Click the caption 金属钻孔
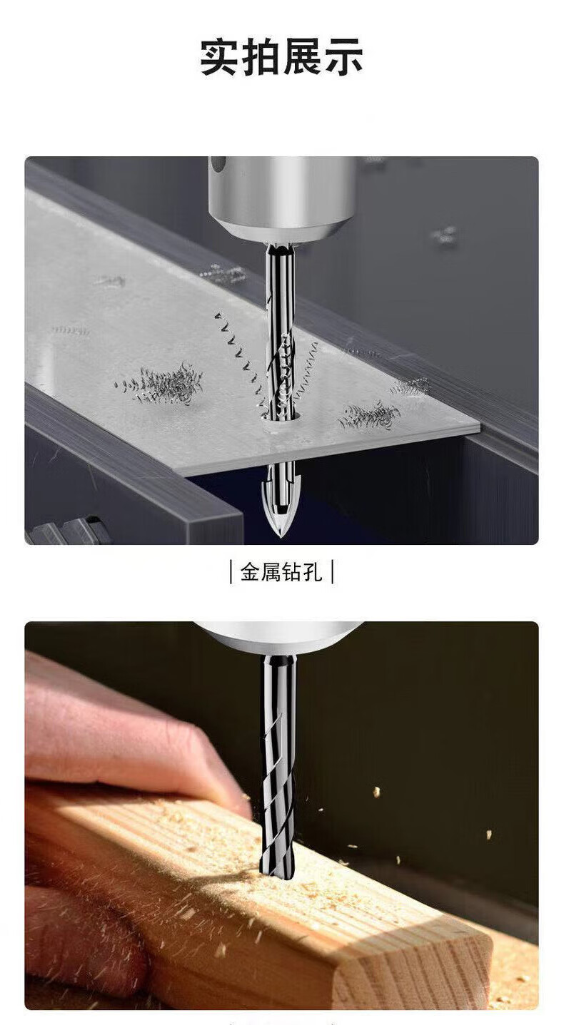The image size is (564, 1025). coord(281,572)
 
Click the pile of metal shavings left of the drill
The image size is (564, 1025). coord(161,384)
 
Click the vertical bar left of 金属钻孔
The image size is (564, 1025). coord(231,572)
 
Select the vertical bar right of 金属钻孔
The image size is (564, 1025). coord(332,572)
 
